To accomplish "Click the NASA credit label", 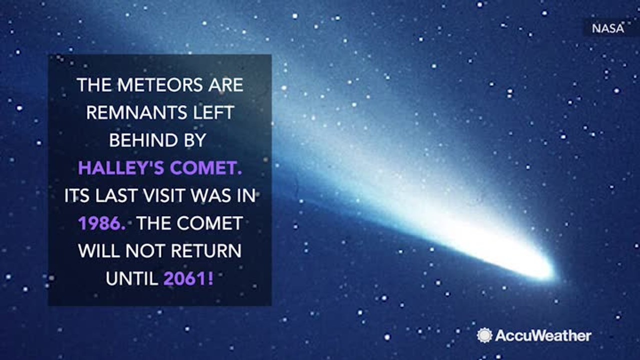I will (x=608, y=28).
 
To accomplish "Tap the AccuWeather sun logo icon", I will (x=484, y=335).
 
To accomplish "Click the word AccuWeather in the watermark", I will (x=543, y=335).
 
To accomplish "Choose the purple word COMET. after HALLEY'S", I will (x=205, y=168).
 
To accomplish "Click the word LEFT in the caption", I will (x=212, y=113).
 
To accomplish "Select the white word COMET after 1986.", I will (x=210, y=223).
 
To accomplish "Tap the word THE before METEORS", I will (x=94, y=85).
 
